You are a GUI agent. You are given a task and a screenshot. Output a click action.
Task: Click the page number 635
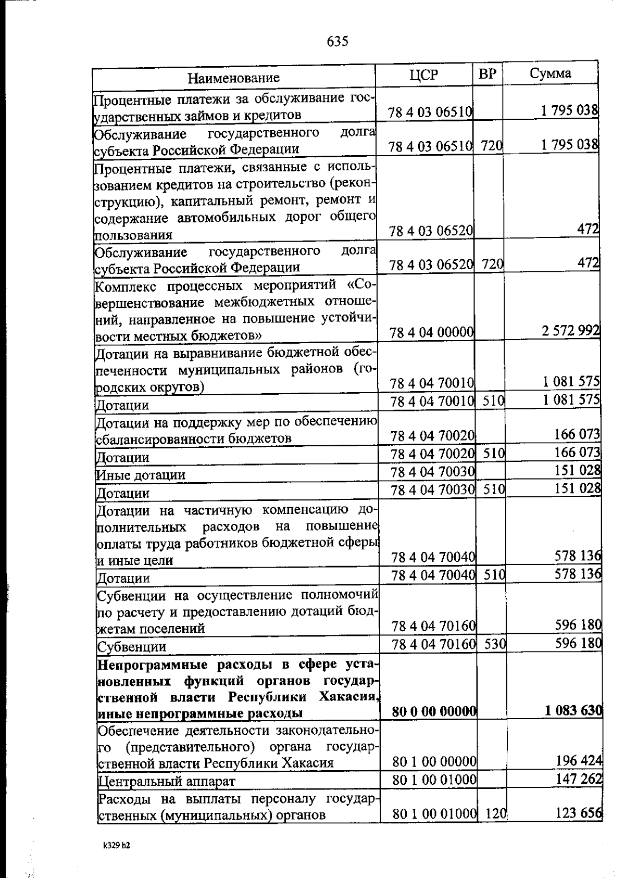[x=337, y=41]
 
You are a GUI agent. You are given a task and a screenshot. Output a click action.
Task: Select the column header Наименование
[x=233, y=78]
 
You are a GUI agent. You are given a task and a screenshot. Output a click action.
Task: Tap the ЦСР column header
[x=423, y=75]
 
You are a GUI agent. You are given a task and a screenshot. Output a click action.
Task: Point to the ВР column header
[x=488, y=74]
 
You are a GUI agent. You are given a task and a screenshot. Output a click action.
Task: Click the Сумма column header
[x=551, y=73]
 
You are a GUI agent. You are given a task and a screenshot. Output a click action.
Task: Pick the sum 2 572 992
[x=571, y=330]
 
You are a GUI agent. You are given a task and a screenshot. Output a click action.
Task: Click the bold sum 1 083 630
[x=573, y=710]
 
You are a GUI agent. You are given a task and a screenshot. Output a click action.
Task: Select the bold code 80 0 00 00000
[x=434, y=712]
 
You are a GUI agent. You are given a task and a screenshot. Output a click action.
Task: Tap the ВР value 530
[x=495, y=644]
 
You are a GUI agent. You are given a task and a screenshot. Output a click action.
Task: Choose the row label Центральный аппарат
[x=167, y=781]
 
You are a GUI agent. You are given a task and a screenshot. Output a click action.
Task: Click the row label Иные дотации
[x=141, y=475]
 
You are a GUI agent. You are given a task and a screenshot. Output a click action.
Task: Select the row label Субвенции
[x=132, y=647]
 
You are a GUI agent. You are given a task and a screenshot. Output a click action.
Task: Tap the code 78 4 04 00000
[x=431, y=332]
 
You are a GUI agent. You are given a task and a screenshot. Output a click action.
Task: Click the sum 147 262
[x=579, y=779]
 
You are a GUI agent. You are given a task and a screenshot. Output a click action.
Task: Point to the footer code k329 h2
[x=116, y=846]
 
